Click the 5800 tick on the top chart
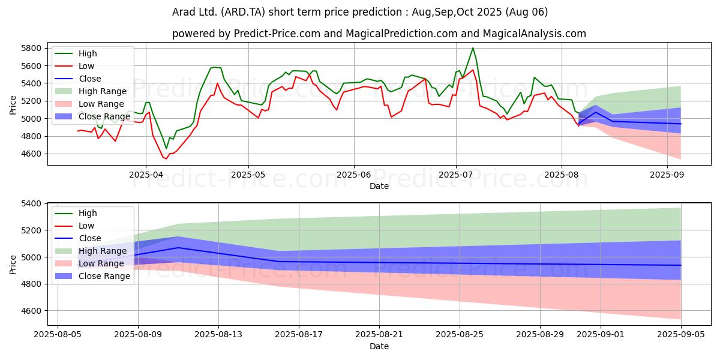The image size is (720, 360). coord(31,48)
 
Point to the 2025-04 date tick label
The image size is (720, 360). coord(146,175)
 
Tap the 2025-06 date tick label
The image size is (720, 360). coord(354,175)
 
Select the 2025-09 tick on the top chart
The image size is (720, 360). coord(667,175)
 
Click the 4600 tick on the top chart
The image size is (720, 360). coord(31,154)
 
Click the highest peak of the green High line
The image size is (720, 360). coord(473,48)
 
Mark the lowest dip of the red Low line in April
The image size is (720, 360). coord(166,158)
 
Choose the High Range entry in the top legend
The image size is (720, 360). coord(91,91)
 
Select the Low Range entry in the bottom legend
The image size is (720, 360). coord(89,263)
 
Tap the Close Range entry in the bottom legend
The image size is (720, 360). coord(92,276)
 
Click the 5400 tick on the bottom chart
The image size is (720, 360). coord(31,204)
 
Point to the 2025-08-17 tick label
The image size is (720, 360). coord(299,335)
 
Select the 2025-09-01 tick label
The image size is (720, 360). coord(601,335)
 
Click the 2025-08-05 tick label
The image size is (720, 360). coord(58,335)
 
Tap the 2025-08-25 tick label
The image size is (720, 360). coord(460,335)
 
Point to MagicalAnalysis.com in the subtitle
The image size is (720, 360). coord(534,34)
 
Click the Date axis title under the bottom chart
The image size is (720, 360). coord(379,347)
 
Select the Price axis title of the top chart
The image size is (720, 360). coord(13,105)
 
